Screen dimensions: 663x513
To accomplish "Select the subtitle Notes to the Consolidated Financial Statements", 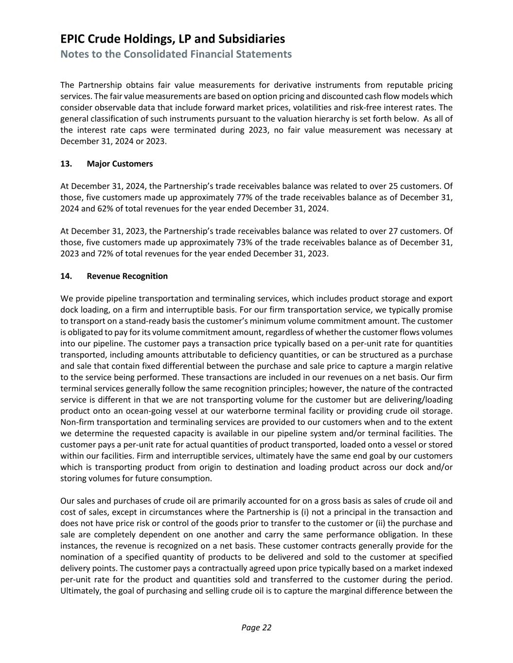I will [x=176, y=54].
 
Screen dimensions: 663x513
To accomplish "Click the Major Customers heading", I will [x=120, y=164].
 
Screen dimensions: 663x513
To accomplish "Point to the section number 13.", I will [x=66, y=164].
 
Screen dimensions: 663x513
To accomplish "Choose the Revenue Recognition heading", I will [x=127, y=276].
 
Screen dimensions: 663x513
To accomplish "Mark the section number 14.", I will [x=66, y=276].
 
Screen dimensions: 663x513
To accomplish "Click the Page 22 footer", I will [x=256, y=628].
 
